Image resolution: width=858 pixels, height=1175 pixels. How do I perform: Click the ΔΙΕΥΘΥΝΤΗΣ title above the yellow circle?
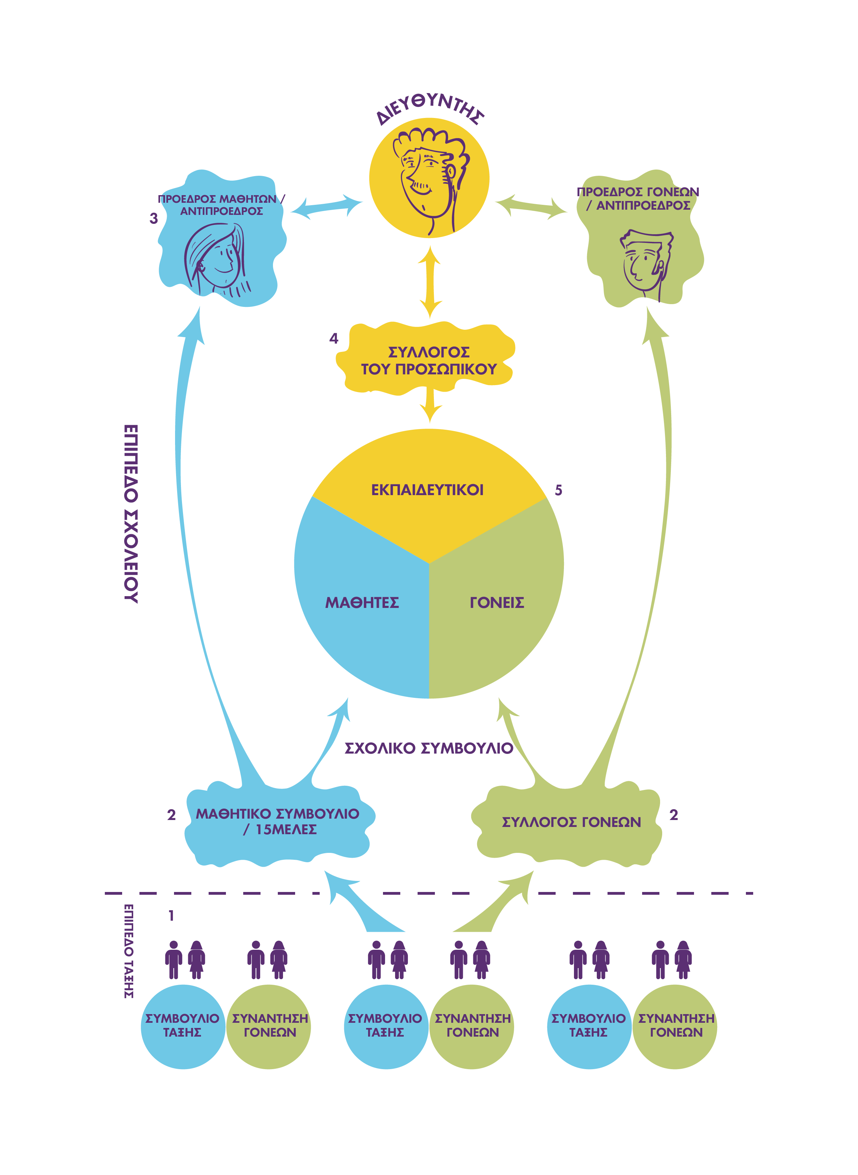tap(430, 108)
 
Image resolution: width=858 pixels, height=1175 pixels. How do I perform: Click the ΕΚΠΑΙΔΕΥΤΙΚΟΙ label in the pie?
tap(427, 490)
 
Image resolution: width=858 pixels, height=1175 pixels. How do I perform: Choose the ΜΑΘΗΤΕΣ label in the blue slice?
tap(362, 603)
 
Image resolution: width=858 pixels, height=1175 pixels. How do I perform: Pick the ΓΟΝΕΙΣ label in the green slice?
tap(497, 603)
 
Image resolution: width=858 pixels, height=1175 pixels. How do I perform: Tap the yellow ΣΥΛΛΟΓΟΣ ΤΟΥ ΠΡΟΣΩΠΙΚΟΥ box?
tap(428, 361)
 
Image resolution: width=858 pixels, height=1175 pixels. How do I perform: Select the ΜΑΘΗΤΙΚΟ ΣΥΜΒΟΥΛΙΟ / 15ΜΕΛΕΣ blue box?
tap(278, 822)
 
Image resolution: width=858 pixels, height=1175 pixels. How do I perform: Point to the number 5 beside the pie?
tap(558, 490)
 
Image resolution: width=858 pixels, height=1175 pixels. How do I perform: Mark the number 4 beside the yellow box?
tap(334, 339)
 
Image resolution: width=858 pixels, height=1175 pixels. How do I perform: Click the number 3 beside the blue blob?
tap(154, 219)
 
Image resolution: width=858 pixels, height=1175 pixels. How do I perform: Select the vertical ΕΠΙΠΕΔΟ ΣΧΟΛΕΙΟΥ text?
tap(131, 514)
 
